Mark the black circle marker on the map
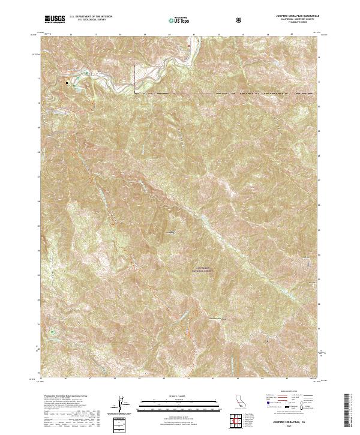click(x=67, y=83)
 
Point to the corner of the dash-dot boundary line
click(x=135, y=94)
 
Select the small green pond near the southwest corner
click(x=53, y=331)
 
